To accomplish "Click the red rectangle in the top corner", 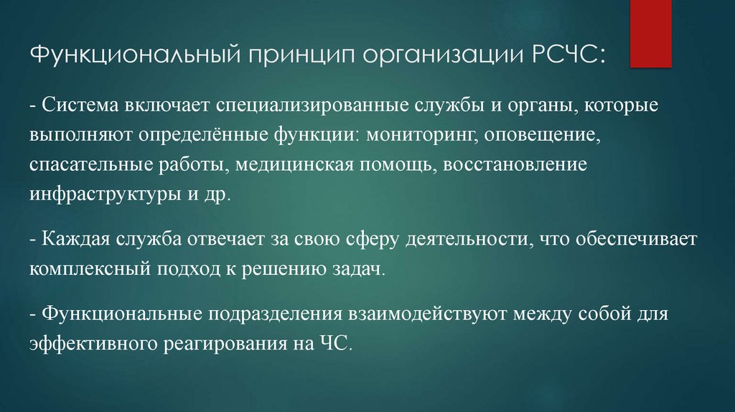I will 651,33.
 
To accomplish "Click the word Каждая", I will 75,240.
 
